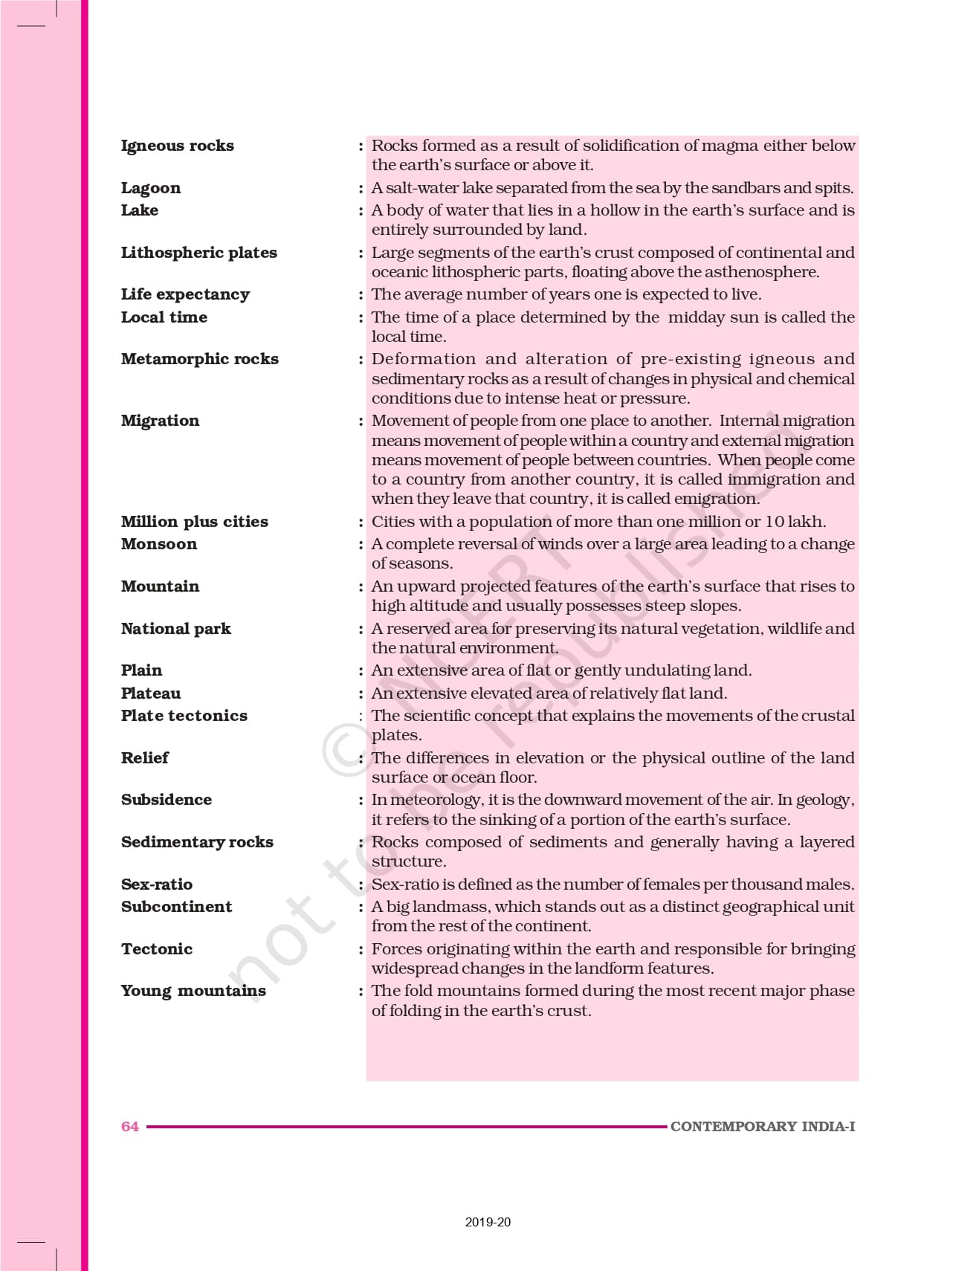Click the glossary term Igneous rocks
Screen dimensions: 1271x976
(177, 146)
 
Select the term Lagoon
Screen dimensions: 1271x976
(150, 188)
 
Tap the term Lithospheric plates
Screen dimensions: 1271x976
(198, 253)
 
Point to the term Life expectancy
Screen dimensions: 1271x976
(185, 294)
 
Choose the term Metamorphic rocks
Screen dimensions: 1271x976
(199, 359)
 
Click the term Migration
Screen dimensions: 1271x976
(160, 421)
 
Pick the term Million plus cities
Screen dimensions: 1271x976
(194, 522)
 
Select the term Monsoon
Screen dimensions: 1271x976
(159, 544)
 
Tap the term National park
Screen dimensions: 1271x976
(175, 629)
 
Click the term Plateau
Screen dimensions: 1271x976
(151, 693)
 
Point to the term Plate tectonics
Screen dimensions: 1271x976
(184, 716)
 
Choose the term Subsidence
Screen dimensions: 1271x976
(166, 800)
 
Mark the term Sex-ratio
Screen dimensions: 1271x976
(156, 884)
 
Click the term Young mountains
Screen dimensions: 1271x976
(193, 991)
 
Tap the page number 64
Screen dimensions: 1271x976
(129, 1127)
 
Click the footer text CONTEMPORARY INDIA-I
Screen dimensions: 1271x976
(762, 1127)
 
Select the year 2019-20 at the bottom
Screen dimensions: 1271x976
(488, 1222)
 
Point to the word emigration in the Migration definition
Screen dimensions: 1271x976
(714, 499)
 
